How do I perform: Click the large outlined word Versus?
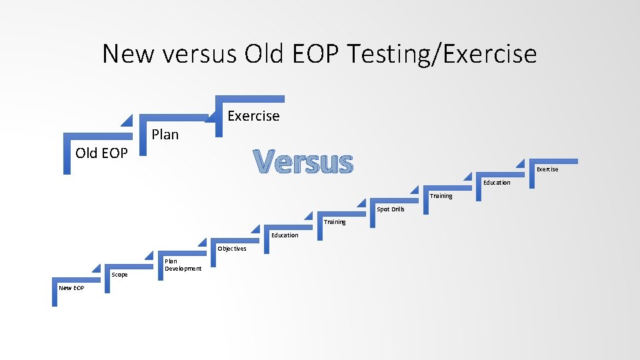(303, 162)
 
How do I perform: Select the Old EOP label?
(101, 153)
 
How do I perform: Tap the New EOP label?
(71, 287)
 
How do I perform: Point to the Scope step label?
(119, 275)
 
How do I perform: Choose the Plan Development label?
(183, 265)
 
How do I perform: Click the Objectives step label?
(231, 249)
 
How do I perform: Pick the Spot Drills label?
(391, 209)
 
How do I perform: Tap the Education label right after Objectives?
(285, 235)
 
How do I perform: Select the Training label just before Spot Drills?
(335, 222)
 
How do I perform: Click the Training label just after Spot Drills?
(441, 196)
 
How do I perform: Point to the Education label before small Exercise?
(497, 183)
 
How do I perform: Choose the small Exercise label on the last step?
(547, 169)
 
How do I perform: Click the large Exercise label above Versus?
(253, 116)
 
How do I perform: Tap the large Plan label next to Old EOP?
(165, 135)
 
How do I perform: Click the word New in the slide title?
(127, 53)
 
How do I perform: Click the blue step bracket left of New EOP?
(55, 293)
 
